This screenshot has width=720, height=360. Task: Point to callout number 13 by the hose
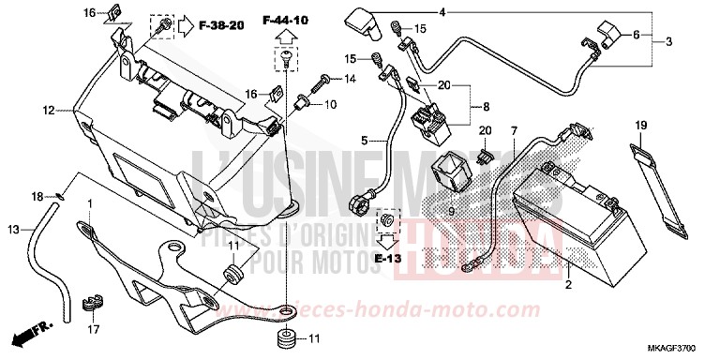pyautogui.click(x=13, y=230)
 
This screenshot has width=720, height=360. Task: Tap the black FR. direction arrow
pyautogui.click(x=27, y=335)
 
